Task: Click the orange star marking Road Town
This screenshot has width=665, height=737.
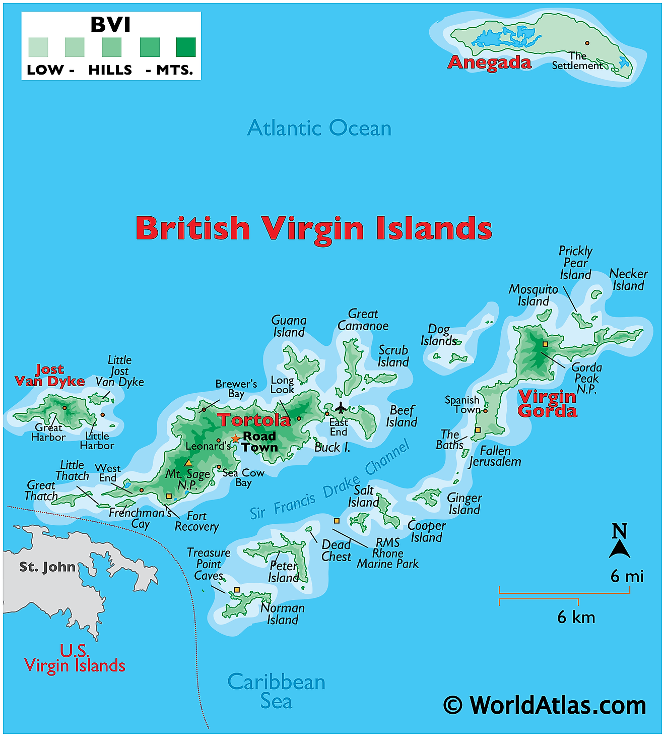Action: tap(235, 439)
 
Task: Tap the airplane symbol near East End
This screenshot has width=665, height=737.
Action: tap(341, 407)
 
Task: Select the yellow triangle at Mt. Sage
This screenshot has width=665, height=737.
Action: tap(188, 463)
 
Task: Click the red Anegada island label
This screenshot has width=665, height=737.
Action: tap(489, 63)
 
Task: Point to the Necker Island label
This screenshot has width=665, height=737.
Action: tap(628, 280)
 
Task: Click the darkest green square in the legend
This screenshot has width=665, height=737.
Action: tap(186, 47)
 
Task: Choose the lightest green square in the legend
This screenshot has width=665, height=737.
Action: tap(38, 47)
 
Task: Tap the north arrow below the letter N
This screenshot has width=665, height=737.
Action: tap(619, 549)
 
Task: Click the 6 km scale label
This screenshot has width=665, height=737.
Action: tap(576, 617)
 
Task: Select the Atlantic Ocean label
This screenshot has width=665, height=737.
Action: tap(319, 128)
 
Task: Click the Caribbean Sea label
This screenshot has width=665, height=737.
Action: tap(276, 691)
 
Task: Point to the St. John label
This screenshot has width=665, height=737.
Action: tap(47, 567)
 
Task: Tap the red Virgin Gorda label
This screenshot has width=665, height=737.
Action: tap(547, 404)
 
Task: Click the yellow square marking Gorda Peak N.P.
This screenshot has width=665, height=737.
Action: tap(545, 344)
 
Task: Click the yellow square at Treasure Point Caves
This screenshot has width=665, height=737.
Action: tap(237, 590)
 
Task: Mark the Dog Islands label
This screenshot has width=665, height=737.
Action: tap(438, 335)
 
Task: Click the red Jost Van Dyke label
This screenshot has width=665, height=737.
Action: tap(49, 376)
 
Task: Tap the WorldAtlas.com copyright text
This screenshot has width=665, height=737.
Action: tap(545, 705)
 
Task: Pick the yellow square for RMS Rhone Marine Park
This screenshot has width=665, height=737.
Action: tap(337, 521)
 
